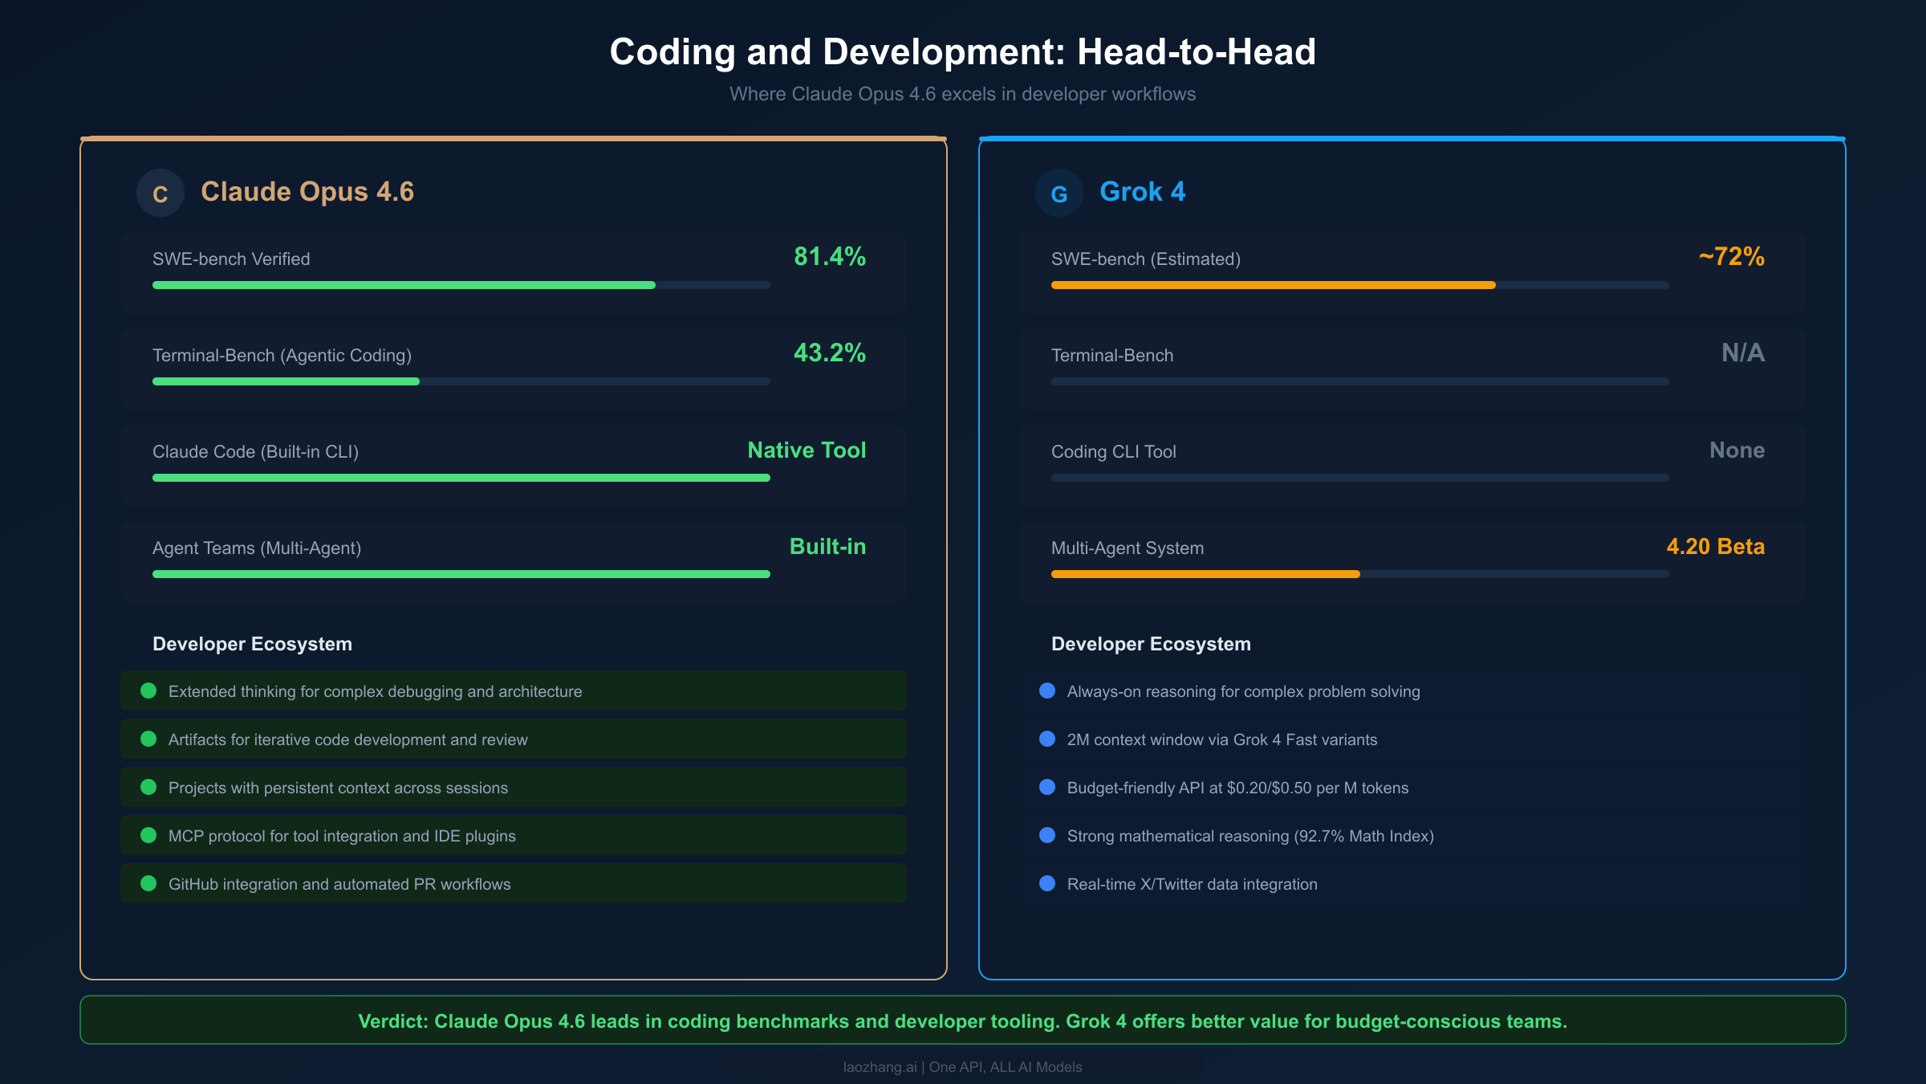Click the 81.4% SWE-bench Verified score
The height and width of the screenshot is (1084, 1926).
click(x=829, y=257)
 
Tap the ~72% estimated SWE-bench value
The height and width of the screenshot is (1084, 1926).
click(x=1731, y=257)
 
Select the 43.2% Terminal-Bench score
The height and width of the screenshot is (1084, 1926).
click(x=829, y=353)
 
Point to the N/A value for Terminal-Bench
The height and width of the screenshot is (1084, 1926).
click(x=1742, y=353)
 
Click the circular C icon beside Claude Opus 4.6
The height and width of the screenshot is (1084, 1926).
click(x=160, y=193)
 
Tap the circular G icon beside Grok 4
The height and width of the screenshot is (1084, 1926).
click(x=1059, y=193)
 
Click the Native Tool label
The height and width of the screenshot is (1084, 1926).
click(x=807, y=450)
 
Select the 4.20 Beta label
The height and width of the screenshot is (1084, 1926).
click(x=1715, y=547)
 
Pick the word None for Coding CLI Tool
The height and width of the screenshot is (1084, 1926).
click(x=1737, y=450)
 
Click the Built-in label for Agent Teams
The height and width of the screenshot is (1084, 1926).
click(x=827, y=547)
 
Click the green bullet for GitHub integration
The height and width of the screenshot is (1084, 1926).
click(x=148, y=883)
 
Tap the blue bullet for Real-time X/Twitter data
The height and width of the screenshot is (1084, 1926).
click(x=1047, y=883)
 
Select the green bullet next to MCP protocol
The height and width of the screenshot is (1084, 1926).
click(x=148, y=835)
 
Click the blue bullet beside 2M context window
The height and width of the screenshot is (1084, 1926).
click(x=1047, y=739)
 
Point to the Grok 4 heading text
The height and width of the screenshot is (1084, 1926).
click(x=1142, y=192)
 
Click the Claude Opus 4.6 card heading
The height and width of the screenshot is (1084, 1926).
click(x=307, y=192)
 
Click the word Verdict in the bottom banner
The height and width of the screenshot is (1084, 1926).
click(x=392, y=1021)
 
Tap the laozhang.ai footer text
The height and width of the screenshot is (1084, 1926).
click(x=880, y=1067)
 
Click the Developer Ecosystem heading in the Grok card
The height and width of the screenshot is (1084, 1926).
click(x=1151, y=644)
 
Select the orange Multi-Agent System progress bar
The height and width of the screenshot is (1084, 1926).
click(x=1205, y=574)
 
